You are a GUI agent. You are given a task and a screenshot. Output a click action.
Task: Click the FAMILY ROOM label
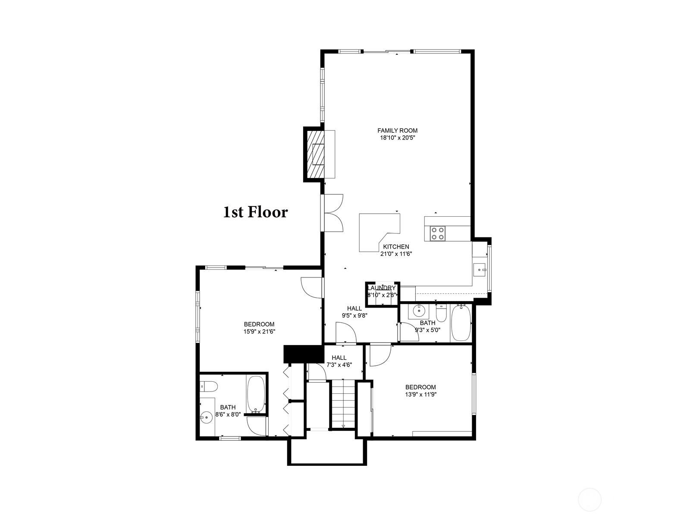point(397,130)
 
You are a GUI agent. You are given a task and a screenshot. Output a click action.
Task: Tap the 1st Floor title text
point(256,212)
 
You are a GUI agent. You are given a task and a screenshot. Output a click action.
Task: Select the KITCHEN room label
point(396,247)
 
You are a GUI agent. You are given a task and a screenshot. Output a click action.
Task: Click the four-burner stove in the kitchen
point(438,233)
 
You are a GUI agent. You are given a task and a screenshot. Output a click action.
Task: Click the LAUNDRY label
point(381,288)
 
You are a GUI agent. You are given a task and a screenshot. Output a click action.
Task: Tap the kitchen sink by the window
point(480,269)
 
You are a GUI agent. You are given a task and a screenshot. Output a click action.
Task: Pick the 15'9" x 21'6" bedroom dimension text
point(259,331)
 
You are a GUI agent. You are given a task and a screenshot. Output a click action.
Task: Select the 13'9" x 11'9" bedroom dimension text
point(420,394)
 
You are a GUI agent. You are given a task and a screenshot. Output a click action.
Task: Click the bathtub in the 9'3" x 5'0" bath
point(461,323)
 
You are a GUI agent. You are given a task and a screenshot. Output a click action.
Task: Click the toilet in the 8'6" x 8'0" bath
point(208,386)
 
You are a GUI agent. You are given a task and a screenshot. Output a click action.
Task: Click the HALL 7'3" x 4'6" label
point(339,361)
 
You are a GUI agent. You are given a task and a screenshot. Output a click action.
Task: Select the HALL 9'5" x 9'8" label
point(354,312)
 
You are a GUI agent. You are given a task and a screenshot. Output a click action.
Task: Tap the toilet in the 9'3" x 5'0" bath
point(441,313)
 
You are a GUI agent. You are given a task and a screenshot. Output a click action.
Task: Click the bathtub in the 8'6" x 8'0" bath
point(256,394)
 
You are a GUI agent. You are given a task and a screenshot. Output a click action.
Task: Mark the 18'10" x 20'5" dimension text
point(398,137)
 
